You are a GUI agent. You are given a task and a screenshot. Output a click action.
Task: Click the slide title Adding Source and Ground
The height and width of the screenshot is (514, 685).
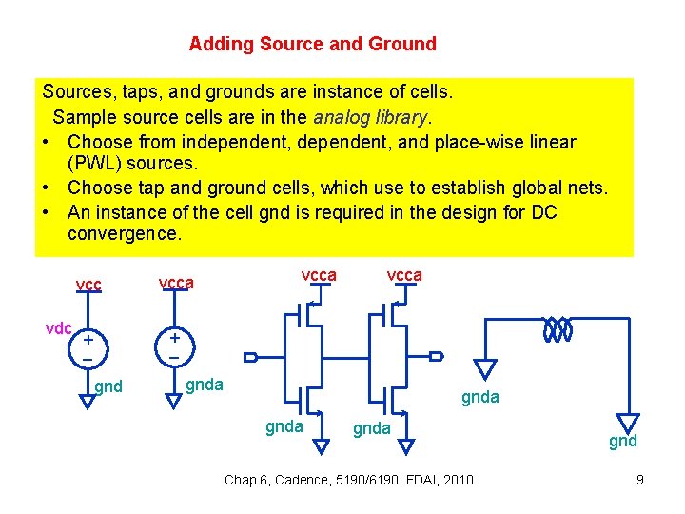(x=312, y=44)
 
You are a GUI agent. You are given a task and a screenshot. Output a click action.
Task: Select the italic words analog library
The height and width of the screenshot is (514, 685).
(x=372, y=117)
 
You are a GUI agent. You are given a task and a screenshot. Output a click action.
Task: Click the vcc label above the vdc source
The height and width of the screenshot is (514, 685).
(x=88, y=285)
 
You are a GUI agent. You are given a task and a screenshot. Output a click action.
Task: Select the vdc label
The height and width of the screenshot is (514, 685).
(x=59, y=328)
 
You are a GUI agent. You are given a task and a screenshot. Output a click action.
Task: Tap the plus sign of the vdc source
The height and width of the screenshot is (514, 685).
(x=88, y=339)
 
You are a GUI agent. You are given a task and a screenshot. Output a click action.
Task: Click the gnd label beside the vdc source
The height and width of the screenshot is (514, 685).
(x=108, y=386)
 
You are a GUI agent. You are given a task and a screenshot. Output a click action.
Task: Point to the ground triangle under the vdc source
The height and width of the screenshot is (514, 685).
(x=88, y=400)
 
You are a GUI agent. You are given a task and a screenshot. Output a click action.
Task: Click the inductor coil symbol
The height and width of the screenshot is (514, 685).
(x=557, y=330)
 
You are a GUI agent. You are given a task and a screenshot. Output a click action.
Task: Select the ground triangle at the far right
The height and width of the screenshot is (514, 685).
(x=629, y=422)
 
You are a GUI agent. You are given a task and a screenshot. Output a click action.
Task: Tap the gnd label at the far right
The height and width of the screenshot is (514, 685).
(x=623, y=441)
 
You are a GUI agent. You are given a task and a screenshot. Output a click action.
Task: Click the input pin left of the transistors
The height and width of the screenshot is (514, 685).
(x=251, y=357)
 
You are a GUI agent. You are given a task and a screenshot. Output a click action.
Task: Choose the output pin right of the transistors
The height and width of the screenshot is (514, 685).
(x=436, y=357)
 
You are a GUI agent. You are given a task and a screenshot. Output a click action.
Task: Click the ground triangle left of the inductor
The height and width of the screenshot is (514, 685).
(x=486, y=367)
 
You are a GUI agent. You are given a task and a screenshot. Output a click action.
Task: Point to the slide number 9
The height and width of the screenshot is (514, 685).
(x=640, y=480)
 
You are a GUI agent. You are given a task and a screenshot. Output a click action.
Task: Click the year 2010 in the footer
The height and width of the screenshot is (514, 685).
(x=457, y=479)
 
